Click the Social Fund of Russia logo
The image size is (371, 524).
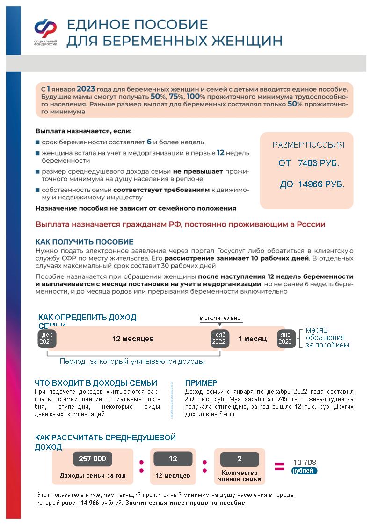(45, 33)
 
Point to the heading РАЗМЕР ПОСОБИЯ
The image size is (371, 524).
(308, 145)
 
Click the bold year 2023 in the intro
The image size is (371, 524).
(86, 89)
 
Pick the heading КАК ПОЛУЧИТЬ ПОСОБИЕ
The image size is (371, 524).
(85, 242)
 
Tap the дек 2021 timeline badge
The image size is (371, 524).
(47, 339)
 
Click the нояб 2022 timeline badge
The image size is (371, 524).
(218, 339)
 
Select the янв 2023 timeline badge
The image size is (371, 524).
(285, 339)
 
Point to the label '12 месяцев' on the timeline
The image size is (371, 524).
(133, 339)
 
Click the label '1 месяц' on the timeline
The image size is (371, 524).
(253, 339)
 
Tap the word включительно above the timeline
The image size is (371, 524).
(220, 318)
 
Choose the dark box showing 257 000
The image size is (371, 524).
(93, 459)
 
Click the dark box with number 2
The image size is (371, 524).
(240, 459)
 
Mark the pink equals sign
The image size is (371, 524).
(279, 466)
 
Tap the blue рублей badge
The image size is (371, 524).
(304, 471)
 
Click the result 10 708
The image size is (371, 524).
(305, 462)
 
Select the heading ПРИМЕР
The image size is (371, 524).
(201, 383)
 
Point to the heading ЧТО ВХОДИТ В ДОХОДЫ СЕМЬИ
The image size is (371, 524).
(96, 383)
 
